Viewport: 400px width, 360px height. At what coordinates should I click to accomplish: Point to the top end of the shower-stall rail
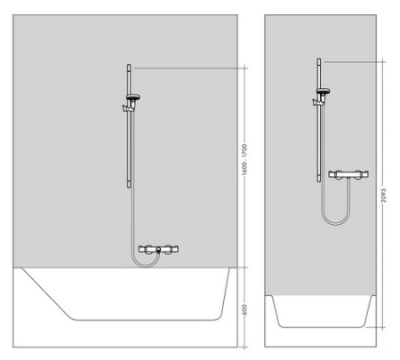(318, 60)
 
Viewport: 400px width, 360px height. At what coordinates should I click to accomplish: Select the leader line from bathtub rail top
(187, 67)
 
